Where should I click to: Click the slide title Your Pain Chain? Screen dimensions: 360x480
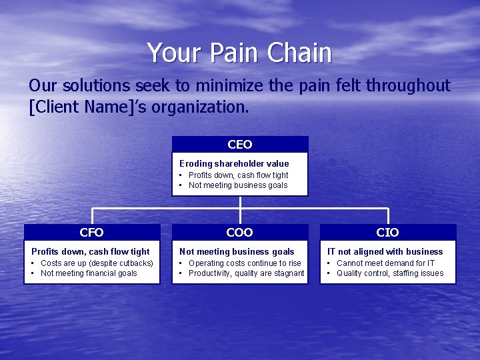coord(239,53)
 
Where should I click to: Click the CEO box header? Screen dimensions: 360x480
coord(240,145)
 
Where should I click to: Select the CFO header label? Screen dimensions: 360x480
coord(91,233)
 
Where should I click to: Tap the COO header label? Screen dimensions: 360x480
coord(240,233)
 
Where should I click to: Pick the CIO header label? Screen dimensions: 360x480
coord(387,233)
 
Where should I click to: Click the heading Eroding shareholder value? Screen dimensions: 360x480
coord(234,164)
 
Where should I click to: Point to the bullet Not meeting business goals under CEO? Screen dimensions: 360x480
coord(238,185)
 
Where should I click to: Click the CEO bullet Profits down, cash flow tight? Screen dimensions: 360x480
coord(238,175)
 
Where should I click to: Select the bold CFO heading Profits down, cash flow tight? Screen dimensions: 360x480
coord(91,252)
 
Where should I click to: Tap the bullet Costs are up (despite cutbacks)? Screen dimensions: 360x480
coord(97,263)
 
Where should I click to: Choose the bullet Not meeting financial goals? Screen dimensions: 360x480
coord(89,273)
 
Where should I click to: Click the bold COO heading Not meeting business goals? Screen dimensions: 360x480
coord(237,252)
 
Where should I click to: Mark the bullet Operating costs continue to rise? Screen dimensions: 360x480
coord(245,263)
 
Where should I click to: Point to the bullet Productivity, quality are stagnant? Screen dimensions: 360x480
coord(246,273)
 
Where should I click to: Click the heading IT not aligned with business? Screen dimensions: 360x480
coord(385,252)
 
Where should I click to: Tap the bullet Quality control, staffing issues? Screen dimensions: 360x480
coord(389,273)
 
